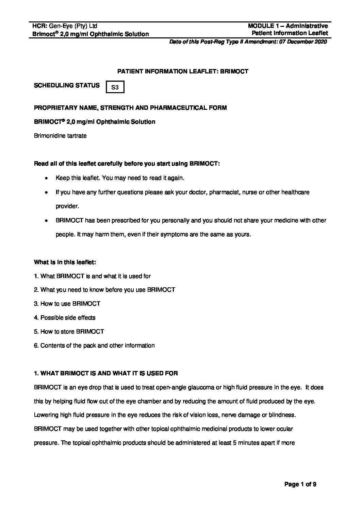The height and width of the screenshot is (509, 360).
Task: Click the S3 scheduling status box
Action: click(115, 87)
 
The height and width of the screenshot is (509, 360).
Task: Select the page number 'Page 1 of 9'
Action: click(300, 485)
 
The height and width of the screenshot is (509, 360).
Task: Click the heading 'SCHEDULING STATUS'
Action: click(67, 85)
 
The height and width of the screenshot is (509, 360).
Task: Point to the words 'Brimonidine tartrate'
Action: click(60, 136)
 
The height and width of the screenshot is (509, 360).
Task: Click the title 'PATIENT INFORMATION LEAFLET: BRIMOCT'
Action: click(183, 71)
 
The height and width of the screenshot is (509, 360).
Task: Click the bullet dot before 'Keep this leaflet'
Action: click(46, 178)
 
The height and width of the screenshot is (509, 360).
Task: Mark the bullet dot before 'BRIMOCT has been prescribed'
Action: click(46, 221)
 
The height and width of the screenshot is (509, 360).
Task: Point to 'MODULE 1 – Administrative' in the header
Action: click(288, 26)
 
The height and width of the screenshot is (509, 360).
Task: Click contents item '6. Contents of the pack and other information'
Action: click(94, 345)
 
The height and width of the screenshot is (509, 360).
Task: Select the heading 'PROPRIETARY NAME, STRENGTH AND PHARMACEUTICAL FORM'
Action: click(130, 108)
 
